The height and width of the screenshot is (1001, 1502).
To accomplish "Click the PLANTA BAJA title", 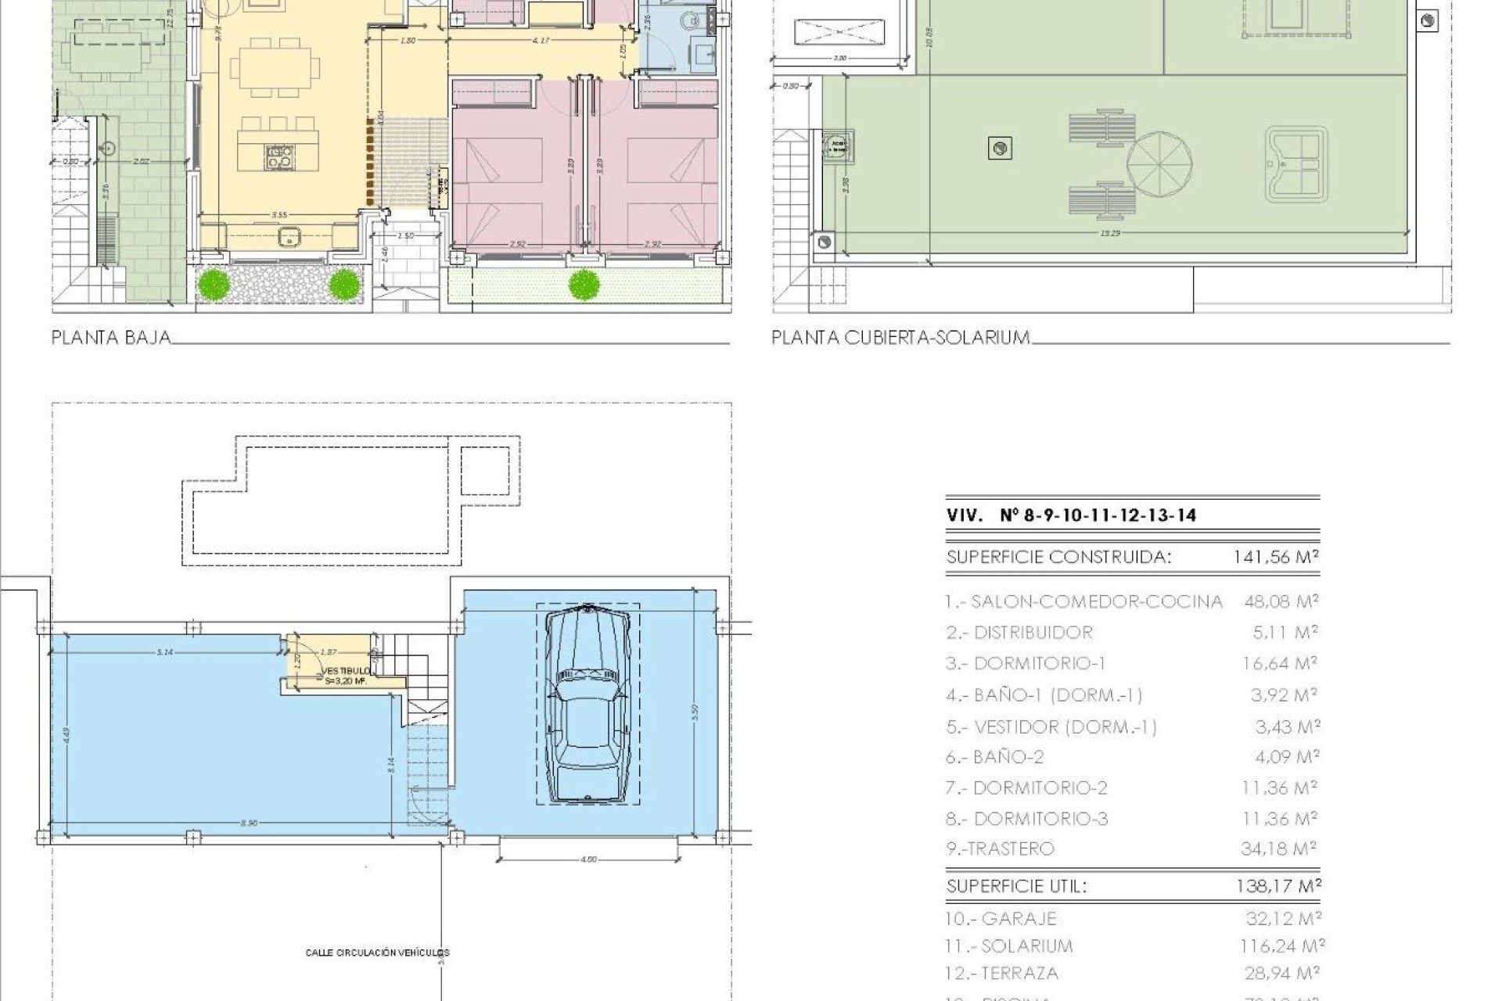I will [110, 338].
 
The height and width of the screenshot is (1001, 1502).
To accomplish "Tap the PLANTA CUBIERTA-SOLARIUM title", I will [900, 338].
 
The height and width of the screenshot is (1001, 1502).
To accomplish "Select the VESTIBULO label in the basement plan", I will [345, 671].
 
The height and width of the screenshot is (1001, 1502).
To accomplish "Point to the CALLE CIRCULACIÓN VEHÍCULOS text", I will [377, 953].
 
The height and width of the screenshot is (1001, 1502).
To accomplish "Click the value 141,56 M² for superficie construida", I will [1276, 557].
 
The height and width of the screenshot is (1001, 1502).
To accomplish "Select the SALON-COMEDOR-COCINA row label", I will [1095, 601].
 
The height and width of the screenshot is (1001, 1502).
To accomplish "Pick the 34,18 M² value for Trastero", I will [1278, 849].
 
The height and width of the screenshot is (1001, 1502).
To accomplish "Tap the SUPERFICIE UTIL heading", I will [1016, 886].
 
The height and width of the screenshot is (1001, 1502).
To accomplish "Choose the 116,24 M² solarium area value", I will [1281, 946].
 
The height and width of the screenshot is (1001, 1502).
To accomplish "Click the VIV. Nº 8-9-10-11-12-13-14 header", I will [1071, 515].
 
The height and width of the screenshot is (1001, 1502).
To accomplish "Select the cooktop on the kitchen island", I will [278, 157].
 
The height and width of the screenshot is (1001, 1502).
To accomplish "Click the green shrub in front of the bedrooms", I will [584, 285].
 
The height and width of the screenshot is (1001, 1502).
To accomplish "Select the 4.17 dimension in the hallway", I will [540, 40].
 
